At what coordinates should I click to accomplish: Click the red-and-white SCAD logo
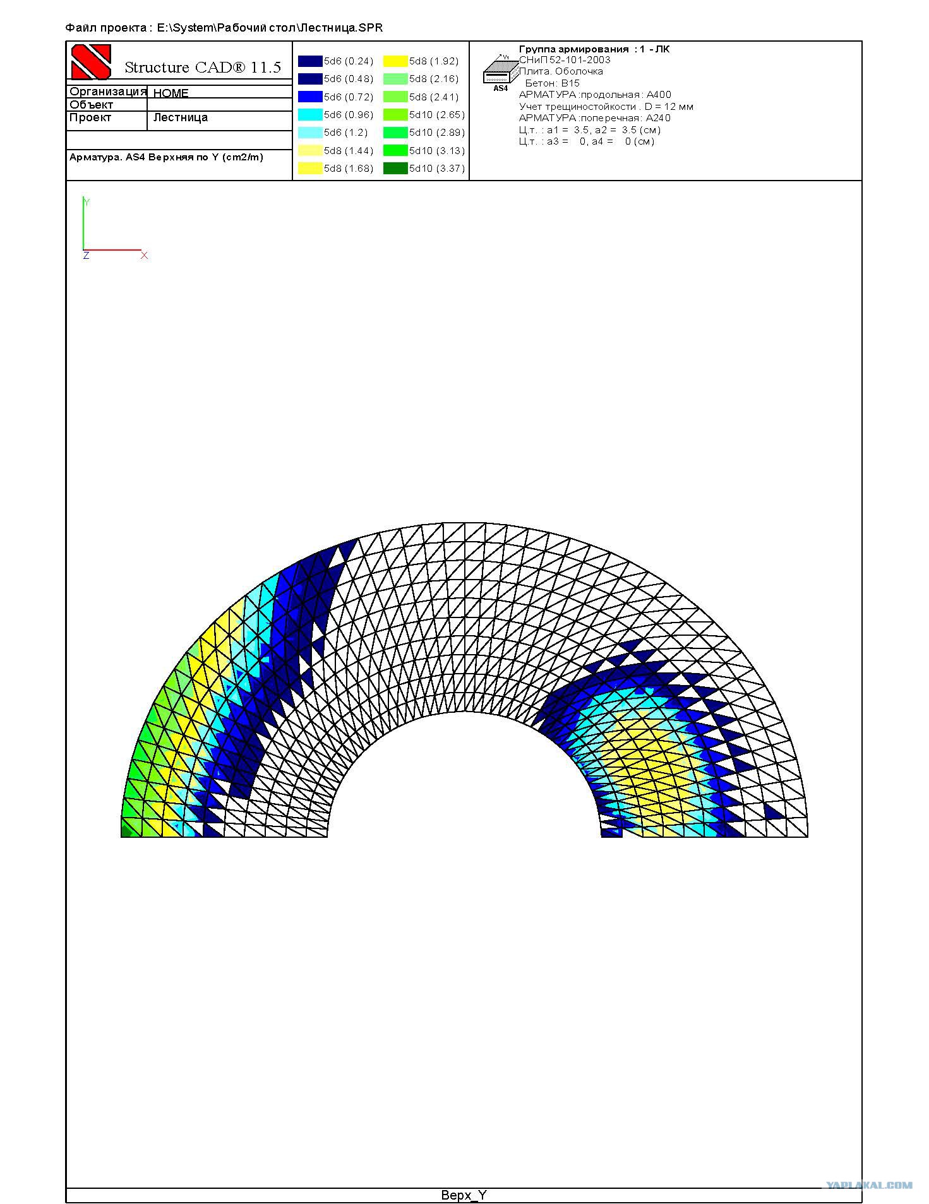point(91,62)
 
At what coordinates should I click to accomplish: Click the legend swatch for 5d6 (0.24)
point(310,61)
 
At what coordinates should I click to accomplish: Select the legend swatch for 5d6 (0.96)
point(310,115)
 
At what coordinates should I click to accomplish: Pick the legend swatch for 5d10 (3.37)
point(395,169)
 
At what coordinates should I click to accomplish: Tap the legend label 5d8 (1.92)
point(434,61)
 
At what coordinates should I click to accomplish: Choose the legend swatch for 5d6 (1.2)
point(310,133)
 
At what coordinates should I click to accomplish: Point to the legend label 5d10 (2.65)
point(437,115)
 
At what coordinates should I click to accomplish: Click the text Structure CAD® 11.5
point(203,68)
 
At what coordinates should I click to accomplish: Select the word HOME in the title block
point(171,93)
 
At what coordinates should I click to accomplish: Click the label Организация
point(107,92)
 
